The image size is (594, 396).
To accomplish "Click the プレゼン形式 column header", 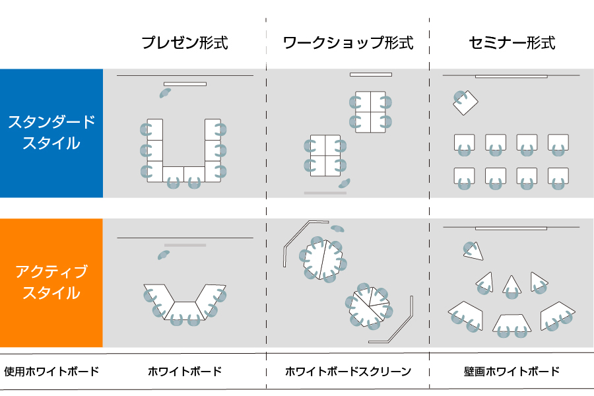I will (185, 44).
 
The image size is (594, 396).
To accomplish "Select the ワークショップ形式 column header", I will (348, 44).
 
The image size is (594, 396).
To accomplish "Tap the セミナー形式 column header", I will (511, 44).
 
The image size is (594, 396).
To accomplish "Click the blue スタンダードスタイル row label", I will (51, 133).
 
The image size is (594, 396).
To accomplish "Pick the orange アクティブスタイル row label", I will (51, 282).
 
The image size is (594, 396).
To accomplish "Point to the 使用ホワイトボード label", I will (51, 372).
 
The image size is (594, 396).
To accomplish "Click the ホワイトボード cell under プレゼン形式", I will (185, 372).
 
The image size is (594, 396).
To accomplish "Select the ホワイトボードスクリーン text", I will (348, 372).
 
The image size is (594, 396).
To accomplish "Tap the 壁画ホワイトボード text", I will (511, 372).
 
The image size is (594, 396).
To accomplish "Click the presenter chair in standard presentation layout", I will (165, 93).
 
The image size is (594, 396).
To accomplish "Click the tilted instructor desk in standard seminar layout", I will (467, 102).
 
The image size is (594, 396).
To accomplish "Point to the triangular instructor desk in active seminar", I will (473, 251).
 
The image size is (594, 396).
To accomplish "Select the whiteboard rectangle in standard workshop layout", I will (371, 75).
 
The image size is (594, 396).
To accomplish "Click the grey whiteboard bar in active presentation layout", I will (185, 245).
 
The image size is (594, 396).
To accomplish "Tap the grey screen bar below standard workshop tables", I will (325, 193).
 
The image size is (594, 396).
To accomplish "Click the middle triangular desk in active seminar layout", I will (512, 285).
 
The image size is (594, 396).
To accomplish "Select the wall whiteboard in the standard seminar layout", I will (511, 76).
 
